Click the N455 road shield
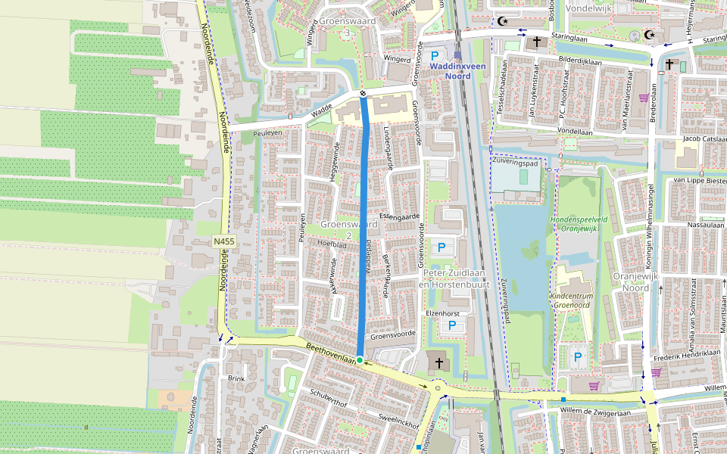point(224,241)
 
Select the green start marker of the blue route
point(360,359)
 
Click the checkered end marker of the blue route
point(363,94)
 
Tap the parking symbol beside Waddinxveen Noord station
point(435,56)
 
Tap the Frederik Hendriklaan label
point(685,353)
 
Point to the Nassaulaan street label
point(702,225)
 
